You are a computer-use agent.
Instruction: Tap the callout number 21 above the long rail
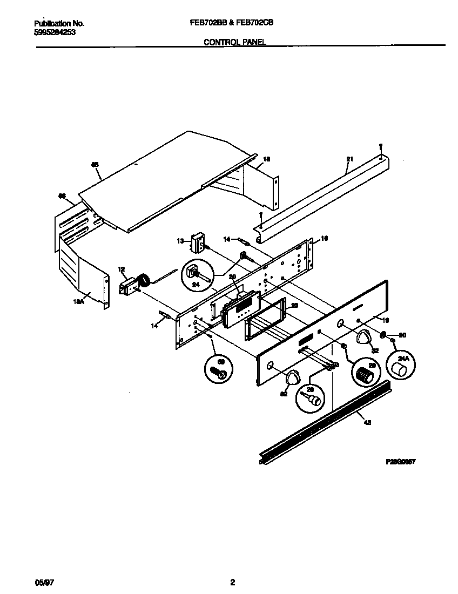(x=349, y=159)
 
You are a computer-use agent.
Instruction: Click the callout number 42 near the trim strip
(x=367, y=423)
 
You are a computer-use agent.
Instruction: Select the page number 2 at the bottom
(x=232, y=582)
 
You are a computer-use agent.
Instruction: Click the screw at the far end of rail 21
(x=381, y=146)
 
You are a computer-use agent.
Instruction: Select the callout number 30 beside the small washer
(x=401, y=335)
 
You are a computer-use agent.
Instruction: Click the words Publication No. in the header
(x=59, y=23)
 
